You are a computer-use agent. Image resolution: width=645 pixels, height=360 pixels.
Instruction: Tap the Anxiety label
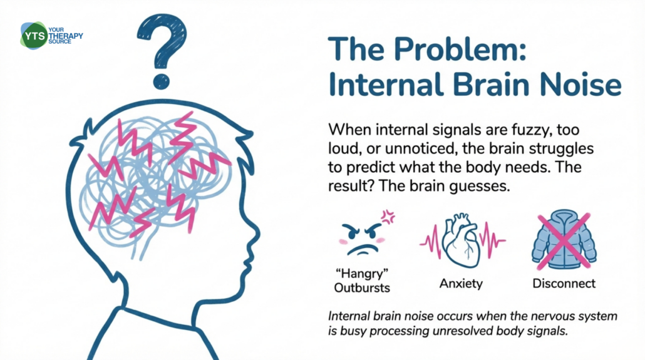pyautogui.click(x=461, y=284)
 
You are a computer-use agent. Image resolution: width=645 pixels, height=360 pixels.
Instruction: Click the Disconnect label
pyautogui.click(x=564, y=284)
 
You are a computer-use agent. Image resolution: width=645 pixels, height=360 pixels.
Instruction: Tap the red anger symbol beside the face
pyautogui.click(x=388, y=218)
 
